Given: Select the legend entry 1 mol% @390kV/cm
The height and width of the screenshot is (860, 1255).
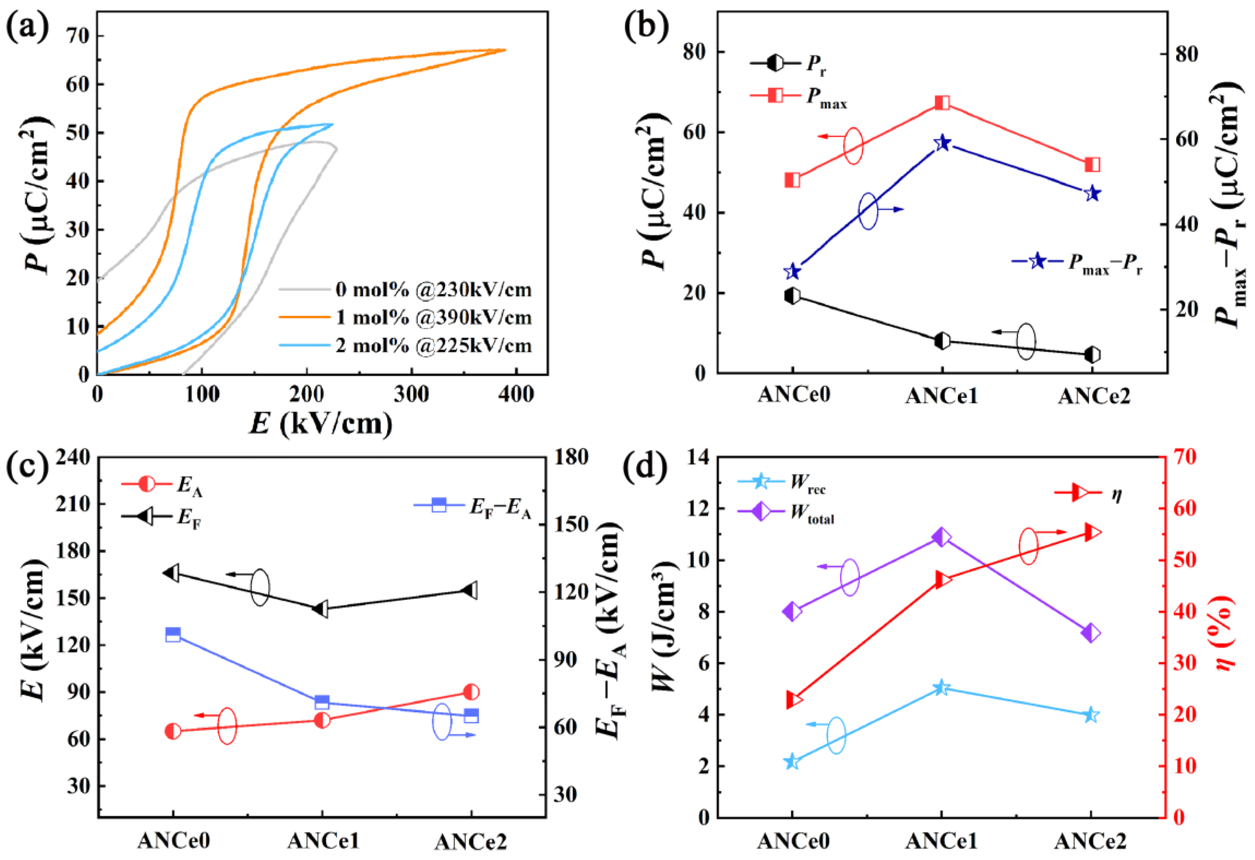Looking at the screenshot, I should coord(432,318).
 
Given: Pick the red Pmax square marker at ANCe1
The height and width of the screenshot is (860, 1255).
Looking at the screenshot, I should coord(942,103).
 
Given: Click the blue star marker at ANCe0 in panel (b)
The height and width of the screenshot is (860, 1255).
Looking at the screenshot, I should coord(792,271).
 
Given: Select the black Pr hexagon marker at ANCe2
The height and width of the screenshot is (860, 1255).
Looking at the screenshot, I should coord(1092,355).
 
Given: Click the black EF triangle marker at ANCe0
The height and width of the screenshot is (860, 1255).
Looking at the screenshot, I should coord(172,574).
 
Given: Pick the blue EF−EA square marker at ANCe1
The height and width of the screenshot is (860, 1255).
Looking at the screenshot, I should coord(322,702).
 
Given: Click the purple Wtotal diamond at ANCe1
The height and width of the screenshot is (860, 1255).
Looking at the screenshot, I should coord(941,537).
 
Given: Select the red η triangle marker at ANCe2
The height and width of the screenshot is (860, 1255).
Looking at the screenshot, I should coord(1092,533).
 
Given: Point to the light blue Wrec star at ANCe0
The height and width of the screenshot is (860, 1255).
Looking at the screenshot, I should coord(792,762).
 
